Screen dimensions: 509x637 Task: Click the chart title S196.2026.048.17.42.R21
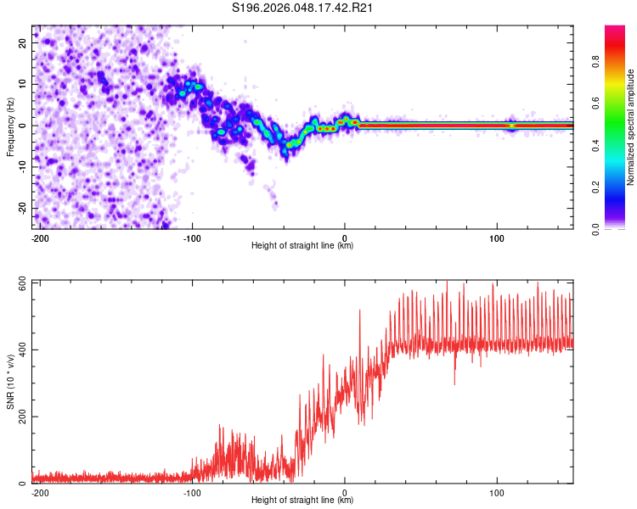(303, 8)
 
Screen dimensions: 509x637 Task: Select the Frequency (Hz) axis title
(10, 126)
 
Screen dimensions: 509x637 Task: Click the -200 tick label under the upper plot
(39, 238)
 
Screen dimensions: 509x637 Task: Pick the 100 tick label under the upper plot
(497, 238)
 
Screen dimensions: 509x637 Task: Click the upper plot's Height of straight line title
(302, 246)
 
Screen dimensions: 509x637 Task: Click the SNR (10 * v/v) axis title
(10, 382)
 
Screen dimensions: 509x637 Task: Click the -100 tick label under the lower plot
(192, 492)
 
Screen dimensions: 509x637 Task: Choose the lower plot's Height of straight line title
(302, 501)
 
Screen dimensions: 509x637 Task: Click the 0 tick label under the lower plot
(345, 492)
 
